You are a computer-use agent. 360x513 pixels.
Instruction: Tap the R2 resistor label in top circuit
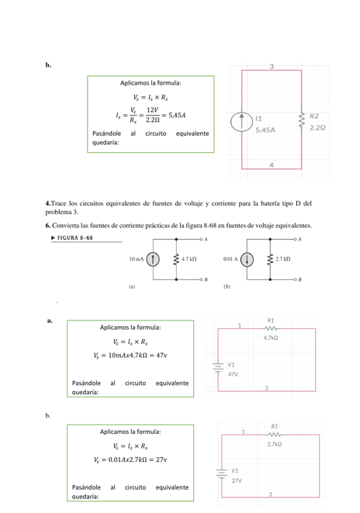(x=314, y=116)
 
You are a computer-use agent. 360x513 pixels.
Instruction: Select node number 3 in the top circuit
(x=271, y=67)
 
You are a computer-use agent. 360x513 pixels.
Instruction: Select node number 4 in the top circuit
(x=271, y=165)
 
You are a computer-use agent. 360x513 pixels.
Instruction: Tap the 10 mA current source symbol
(x=154, y=258)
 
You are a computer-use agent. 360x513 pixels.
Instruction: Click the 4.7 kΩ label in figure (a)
(x=189, y=258)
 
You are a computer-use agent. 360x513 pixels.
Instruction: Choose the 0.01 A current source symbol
(x=248, y=258)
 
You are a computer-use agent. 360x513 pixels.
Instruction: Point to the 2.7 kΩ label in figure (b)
(x=284, y=258)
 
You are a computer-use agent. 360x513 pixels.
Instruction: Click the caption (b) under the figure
(x=227, y=286)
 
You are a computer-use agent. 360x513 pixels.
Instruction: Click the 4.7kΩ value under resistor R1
(x=271, y=338)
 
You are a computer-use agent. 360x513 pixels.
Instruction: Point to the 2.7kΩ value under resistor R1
(x=274, y=444)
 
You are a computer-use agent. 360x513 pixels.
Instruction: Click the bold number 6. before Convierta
(x=47, y=226)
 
